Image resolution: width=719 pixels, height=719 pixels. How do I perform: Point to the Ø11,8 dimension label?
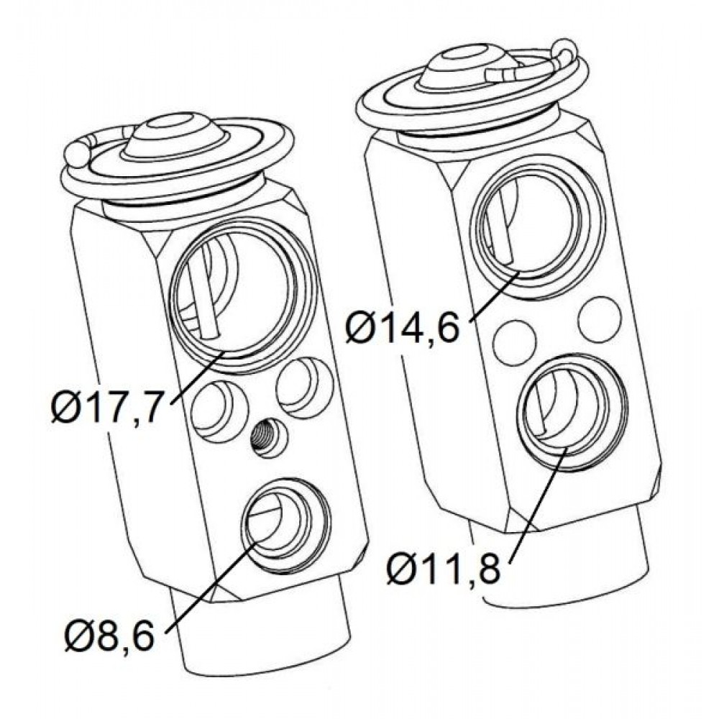(x=443, y=569)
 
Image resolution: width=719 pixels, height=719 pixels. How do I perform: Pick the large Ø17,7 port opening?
(x=244, y=296)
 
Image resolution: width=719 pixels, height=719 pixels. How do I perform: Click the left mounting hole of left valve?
(x=219, y=411)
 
